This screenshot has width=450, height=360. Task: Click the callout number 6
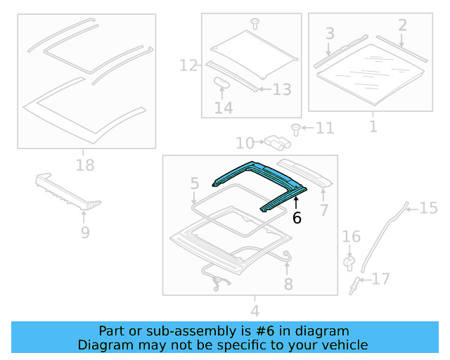point(297,219)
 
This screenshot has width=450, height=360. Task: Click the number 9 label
point(84,232)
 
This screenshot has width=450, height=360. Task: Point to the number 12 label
point(188,66)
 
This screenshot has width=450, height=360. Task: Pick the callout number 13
point(281,89)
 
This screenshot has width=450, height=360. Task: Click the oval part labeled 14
point(223,82)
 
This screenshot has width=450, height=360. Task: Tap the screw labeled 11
point(296,128)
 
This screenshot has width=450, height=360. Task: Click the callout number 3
point(329,33)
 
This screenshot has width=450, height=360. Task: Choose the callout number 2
point(402,26)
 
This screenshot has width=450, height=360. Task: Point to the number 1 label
point(372,127)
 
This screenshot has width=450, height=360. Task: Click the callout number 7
point(323,210)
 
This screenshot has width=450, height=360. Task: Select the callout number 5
point(195,184)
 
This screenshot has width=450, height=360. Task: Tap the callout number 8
point(288,283)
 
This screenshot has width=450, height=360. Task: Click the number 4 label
point(255,310)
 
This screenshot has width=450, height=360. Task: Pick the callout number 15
point(428,207)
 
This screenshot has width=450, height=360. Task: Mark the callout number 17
point(380,279)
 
